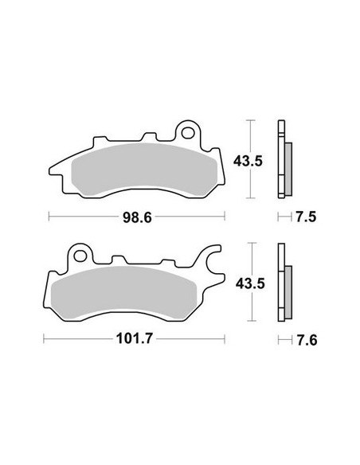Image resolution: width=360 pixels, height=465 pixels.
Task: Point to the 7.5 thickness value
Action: click(303, 216)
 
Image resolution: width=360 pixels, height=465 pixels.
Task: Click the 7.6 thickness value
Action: click(303, 340)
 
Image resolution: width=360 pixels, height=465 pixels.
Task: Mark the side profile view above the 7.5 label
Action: click(283, 159)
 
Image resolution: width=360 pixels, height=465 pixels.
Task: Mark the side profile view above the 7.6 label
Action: click(284, 283)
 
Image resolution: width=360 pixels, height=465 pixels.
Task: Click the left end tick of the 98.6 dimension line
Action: click(49, 216)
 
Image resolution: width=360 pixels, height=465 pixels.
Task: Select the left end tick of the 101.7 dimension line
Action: click(44, 340)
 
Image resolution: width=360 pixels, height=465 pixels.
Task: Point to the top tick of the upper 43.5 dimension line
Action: click(251, 120)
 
